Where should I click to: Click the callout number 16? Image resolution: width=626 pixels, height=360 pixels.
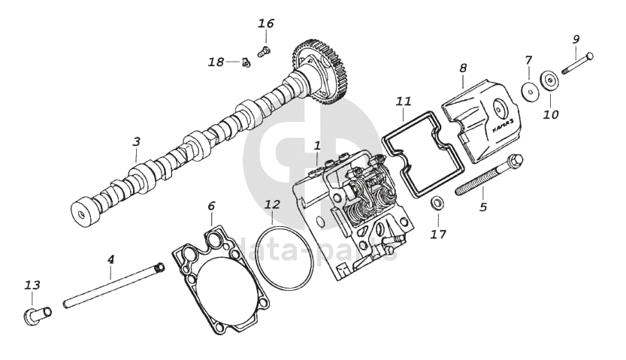266,23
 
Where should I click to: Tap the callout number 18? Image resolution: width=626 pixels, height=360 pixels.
216,62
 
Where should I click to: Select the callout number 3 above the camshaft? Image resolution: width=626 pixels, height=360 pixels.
136,141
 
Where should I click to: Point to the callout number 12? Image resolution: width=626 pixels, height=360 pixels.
272,204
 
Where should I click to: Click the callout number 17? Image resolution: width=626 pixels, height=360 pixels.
438,234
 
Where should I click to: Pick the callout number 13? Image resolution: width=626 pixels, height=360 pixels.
32,285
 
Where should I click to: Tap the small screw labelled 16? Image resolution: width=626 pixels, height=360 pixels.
263,52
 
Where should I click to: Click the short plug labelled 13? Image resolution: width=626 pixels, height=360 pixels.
34,314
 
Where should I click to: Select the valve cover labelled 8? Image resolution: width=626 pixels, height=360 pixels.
477,120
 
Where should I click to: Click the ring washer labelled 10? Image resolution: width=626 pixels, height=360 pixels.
549,80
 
